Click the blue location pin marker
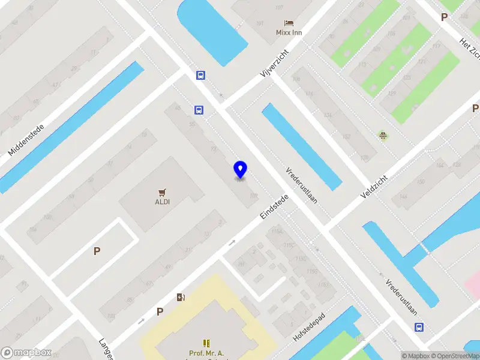pos(241,170)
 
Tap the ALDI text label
pos(162,202)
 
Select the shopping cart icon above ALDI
pos(162,192)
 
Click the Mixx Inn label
pos(289,32)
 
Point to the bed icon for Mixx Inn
pos(289,23)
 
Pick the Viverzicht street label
pos(275,64)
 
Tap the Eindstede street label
pos(275,206)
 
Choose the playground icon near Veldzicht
pos(382,135)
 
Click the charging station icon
pos(181,297)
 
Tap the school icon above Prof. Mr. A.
pos(207,343)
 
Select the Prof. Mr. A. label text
pos(207,353)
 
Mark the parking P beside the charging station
pos(160,311)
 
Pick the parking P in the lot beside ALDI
pos(97,251)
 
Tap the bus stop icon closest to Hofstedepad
pos(419,327)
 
